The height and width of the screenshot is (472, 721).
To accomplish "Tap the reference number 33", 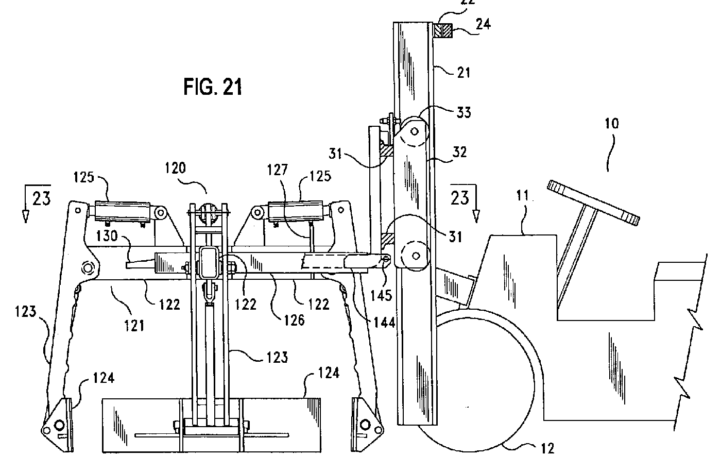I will tap(463, 112).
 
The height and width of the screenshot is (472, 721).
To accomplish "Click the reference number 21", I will tap(463, 73).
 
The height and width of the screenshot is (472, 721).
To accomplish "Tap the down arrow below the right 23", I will tap(476, 213).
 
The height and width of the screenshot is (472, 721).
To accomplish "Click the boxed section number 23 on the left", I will tap(41, 198).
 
